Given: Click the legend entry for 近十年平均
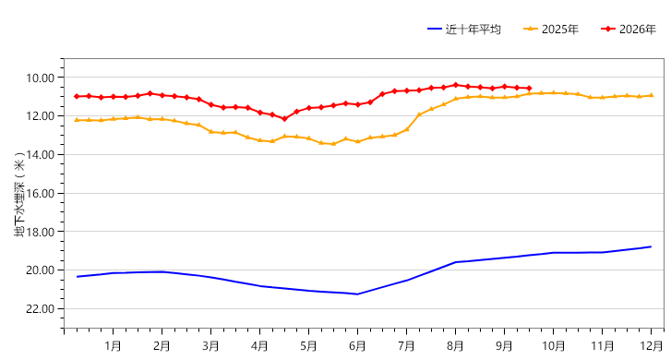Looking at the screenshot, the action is pyautogui.click(x=464, y=30).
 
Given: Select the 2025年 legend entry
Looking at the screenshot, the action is pyautogui.click(x=551, y=30).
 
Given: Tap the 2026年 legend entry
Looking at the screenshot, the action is pyautogui.click(x=629, y=30).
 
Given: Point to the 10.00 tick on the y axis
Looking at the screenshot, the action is pyautogui.click(x=41, y=78).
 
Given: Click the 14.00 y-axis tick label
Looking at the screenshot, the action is pyautogui.click(x=41, y=154).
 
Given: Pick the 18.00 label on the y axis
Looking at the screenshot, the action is pyautogui.click(x=41, y=232).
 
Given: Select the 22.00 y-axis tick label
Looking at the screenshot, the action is pyautogui.click(x=41, y=308).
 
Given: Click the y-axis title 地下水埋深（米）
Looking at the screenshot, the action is pyautogui.click(x=19, y=195).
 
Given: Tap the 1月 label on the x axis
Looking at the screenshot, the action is pyautogui.click(x=113, y=345).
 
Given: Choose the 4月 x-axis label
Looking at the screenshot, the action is pyautogui.click(x=259, y=345).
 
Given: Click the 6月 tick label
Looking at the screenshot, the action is pyautogui.click(x=357, y=345).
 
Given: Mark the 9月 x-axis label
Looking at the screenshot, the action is pyautogui.click(x=504, y=345).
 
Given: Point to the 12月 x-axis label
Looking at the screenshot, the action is pyautogui.click(x=651, y=345).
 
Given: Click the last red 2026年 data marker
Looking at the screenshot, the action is pyautogui.click(x=530, y=89).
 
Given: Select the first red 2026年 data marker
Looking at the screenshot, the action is pyautogui.click(x=77, y=96).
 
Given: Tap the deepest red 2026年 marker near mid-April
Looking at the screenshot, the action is pyautogui.click(x=284, y=119).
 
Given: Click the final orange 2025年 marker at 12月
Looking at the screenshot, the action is pyautogui.click(x=652, y=95).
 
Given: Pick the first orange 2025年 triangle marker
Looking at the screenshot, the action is pyautogui.click(x=77, y=120).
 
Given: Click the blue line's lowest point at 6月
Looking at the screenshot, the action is pyautogui.click(x=357, y=294).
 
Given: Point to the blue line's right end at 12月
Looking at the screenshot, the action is pyautogui.click(x=651, y=246).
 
